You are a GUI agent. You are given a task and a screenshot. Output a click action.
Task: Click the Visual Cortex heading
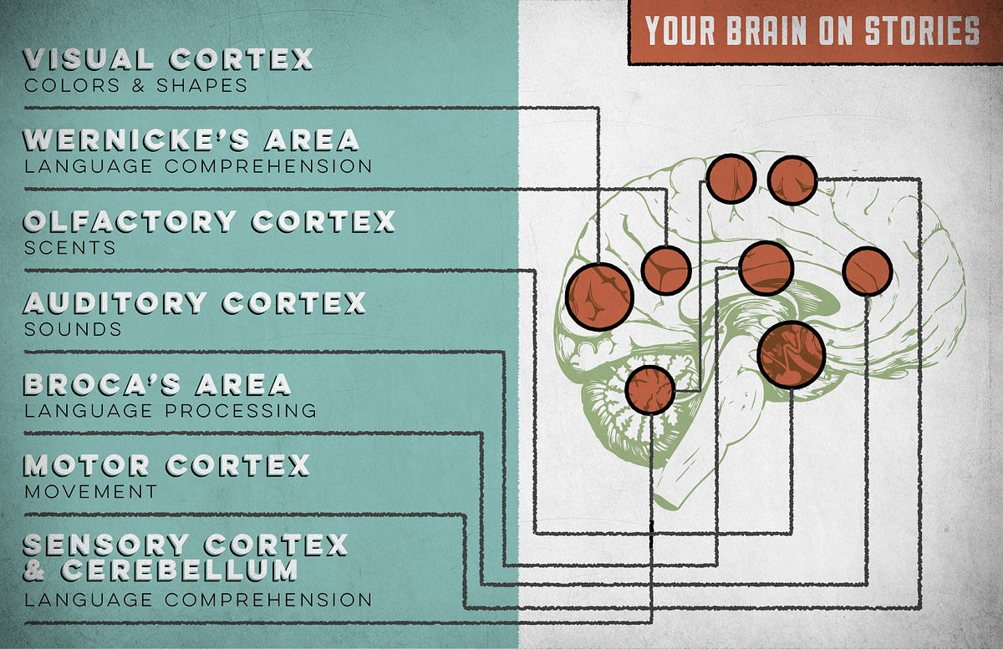click(x=168, y=60)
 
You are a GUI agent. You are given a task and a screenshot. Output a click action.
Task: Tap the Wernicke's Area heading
click(x=191, y=139)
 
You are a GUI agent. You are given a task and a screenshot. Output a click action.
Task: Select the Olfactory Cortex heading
click(x=209, y=221)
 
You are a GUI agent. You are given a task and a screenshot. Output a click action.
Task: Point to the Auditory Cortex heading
click(x=195, y=302)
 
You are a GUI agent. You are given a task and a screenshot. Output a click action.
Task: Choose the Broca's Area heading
click(x=157, y=384)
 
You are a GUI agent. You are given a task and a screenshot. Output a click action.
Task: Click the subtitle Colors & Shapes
click(x=135, y=85)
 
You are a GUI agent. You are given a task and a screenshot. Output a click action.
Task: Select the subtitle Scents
click(x=70, y=248)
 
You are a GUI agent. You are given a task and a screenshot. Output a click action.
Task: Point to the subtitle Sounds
click(x=73, y=329)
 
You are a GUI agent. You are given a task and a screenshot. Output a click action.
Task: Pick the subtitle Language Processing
click(x=171, y=411)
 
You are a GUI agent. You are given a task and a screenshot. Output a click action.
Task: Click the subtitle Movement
click(x=90, y=491)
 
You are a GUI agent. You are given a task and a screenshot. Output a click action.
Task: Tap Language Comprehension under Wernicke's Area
click(x=198, y=166)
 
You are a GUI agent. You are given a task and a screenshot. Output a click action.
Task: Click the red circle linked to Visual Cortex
click(x=599, y=297)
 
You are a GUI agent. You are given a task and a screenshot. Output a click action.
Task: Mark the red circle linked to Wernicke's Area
click(x=665, y=270)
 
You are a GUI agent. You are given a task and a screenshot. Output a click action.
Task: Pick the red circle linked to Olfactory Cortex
click(x=791, y=354)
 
